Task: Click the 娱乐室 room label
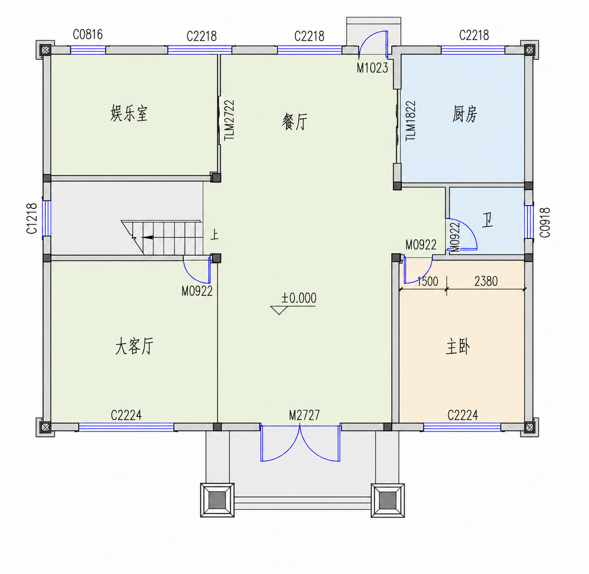129,113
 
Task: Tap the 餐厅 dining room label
295,122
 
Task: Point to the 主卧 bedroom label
458,347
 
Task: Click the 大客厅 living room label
134,346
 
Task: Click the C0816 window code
88,34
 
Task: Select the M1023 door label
372,68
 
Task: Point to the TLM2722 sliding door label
229,120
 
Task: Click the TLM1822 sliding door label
411,120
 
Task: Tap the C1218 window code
32,219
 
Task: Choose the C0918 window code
545,222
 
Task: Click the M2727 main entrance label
304,415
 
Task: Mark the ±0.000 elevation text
299,298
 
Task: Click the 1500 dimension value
427,282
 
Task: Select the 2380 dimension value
486,281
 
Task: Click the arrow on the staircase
148,237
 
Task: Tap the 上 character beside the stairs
215,235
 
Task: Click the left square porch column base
217,500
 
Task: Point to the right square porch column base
388,500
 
